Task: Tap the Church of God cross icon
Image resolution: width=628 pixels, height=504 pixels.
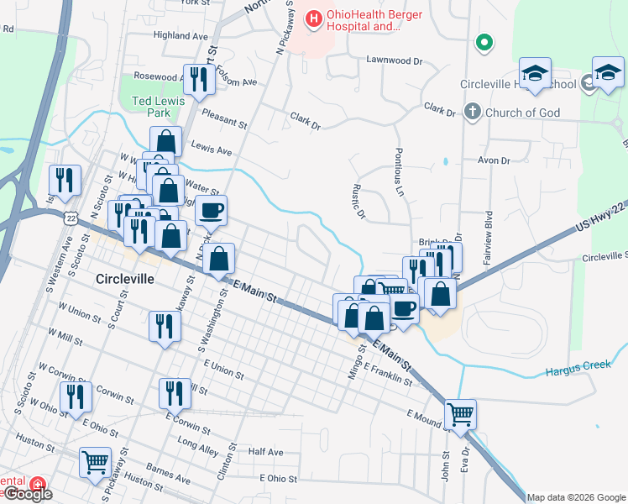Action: [x=472, y=112]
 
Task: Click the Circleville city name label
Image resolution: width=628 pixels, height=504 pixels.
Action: [x=124, y=279]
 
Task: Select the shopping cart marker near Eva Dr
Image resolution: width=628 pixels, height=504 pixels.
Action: [x=460, y=413]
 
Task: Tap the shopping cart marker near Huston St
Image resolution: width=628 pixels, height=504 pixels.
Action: [x=95, y=461]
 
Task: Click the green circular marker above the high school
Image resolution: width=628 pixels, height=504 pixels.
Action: [x=484, y=42]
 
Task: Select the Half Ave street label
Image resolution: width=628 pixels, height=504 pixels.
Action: [x=266, y=452]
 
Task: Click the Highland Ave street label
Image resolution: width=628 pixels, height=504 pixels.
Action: [x=181, y=36]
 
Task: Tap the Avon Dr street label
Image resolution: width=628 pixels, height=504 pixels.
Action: [x=493, y=160]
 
